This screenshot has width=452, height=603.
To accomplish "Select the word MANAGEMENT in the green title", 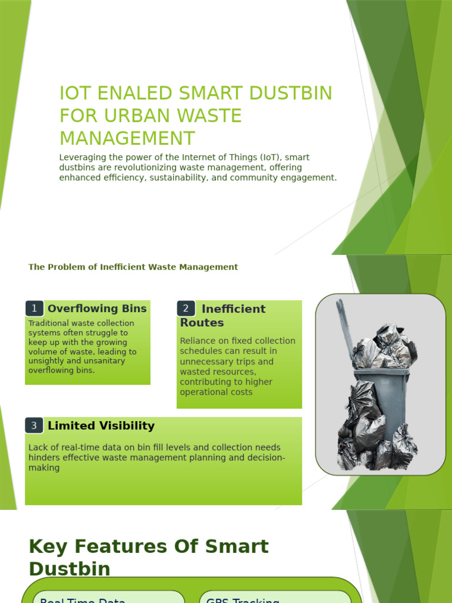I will pos(127,138).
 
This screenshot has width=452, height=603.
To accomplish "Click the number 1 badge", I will pos(35,308).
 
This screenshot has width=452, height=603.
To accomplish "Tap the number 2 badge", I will pos(186,308).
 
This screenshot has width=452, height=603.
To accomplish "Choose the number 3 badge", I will pos(35,425).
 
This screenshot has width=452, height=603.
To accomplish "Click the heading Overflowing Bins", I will pos(97,308).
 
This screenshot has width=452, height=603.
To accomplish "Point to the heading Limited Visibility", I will pos(101,425).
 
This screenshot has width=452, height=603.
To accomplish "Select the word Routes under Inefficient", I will pos(202,323).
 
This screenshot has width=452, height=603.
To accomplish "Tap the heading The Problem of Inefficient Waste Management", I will pos(133,267).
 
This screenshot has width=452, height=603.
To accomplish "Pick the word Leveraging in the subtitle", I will pos(82,157).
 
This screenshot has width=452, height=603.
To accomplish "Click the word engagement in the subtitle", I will pos(308,177).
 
